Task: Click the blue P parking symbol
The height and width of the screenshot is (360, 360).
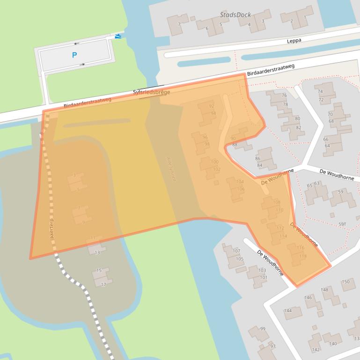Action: point(74,55)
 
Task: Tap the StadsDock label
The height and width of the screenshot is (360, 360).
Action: point(235,15)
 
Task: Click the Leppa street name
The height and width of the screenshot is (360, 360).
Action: point(294,41)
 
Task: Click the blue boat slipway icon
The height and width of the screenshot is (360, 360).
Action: point(118,36)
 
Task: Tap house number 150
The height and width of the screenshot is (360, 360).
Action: point(345,281)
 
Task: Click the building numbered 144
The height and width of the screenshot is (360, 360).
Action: point(287,310)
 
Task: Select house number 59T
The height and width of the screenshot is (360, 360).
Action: point(343,224)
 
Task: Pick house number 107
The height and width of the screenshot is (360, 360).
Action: point(236,251)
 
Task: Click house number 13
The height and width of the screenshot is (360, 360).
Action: point(97,252)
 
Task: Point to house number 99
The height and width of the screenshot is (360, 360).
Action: point(263,329)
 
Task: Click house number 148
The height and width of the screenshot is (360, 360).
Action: point(324,290)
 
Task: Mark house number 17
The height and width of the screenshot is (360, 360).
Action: point(103,284)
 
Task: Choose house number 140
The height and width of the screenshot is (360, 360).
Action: point(332,344)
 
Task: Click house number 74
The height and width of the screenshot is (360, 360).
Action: point(321,92)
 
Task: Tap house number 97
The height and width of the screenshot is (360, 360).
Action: point(273,346)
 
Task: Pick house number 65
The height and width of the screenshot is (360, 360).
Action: point(309,186)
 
